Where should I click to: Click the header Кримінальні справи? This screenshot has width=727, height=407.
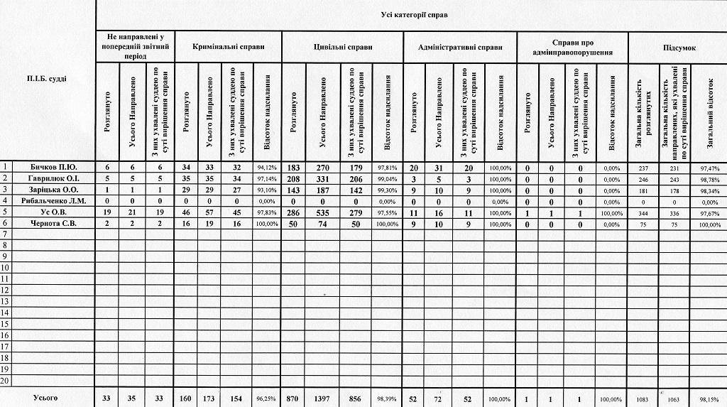tap(229, 47)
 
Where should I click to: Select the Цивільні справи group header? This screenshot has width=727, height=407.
tap(342, 47)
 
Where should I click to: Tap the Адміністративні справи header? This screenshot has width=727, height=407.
tap(460, 47)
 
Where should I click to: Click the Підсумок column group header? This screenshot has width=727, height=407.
tap(679, 47)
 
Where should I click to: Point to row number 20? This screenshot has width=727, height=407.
tap(6, 381)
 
